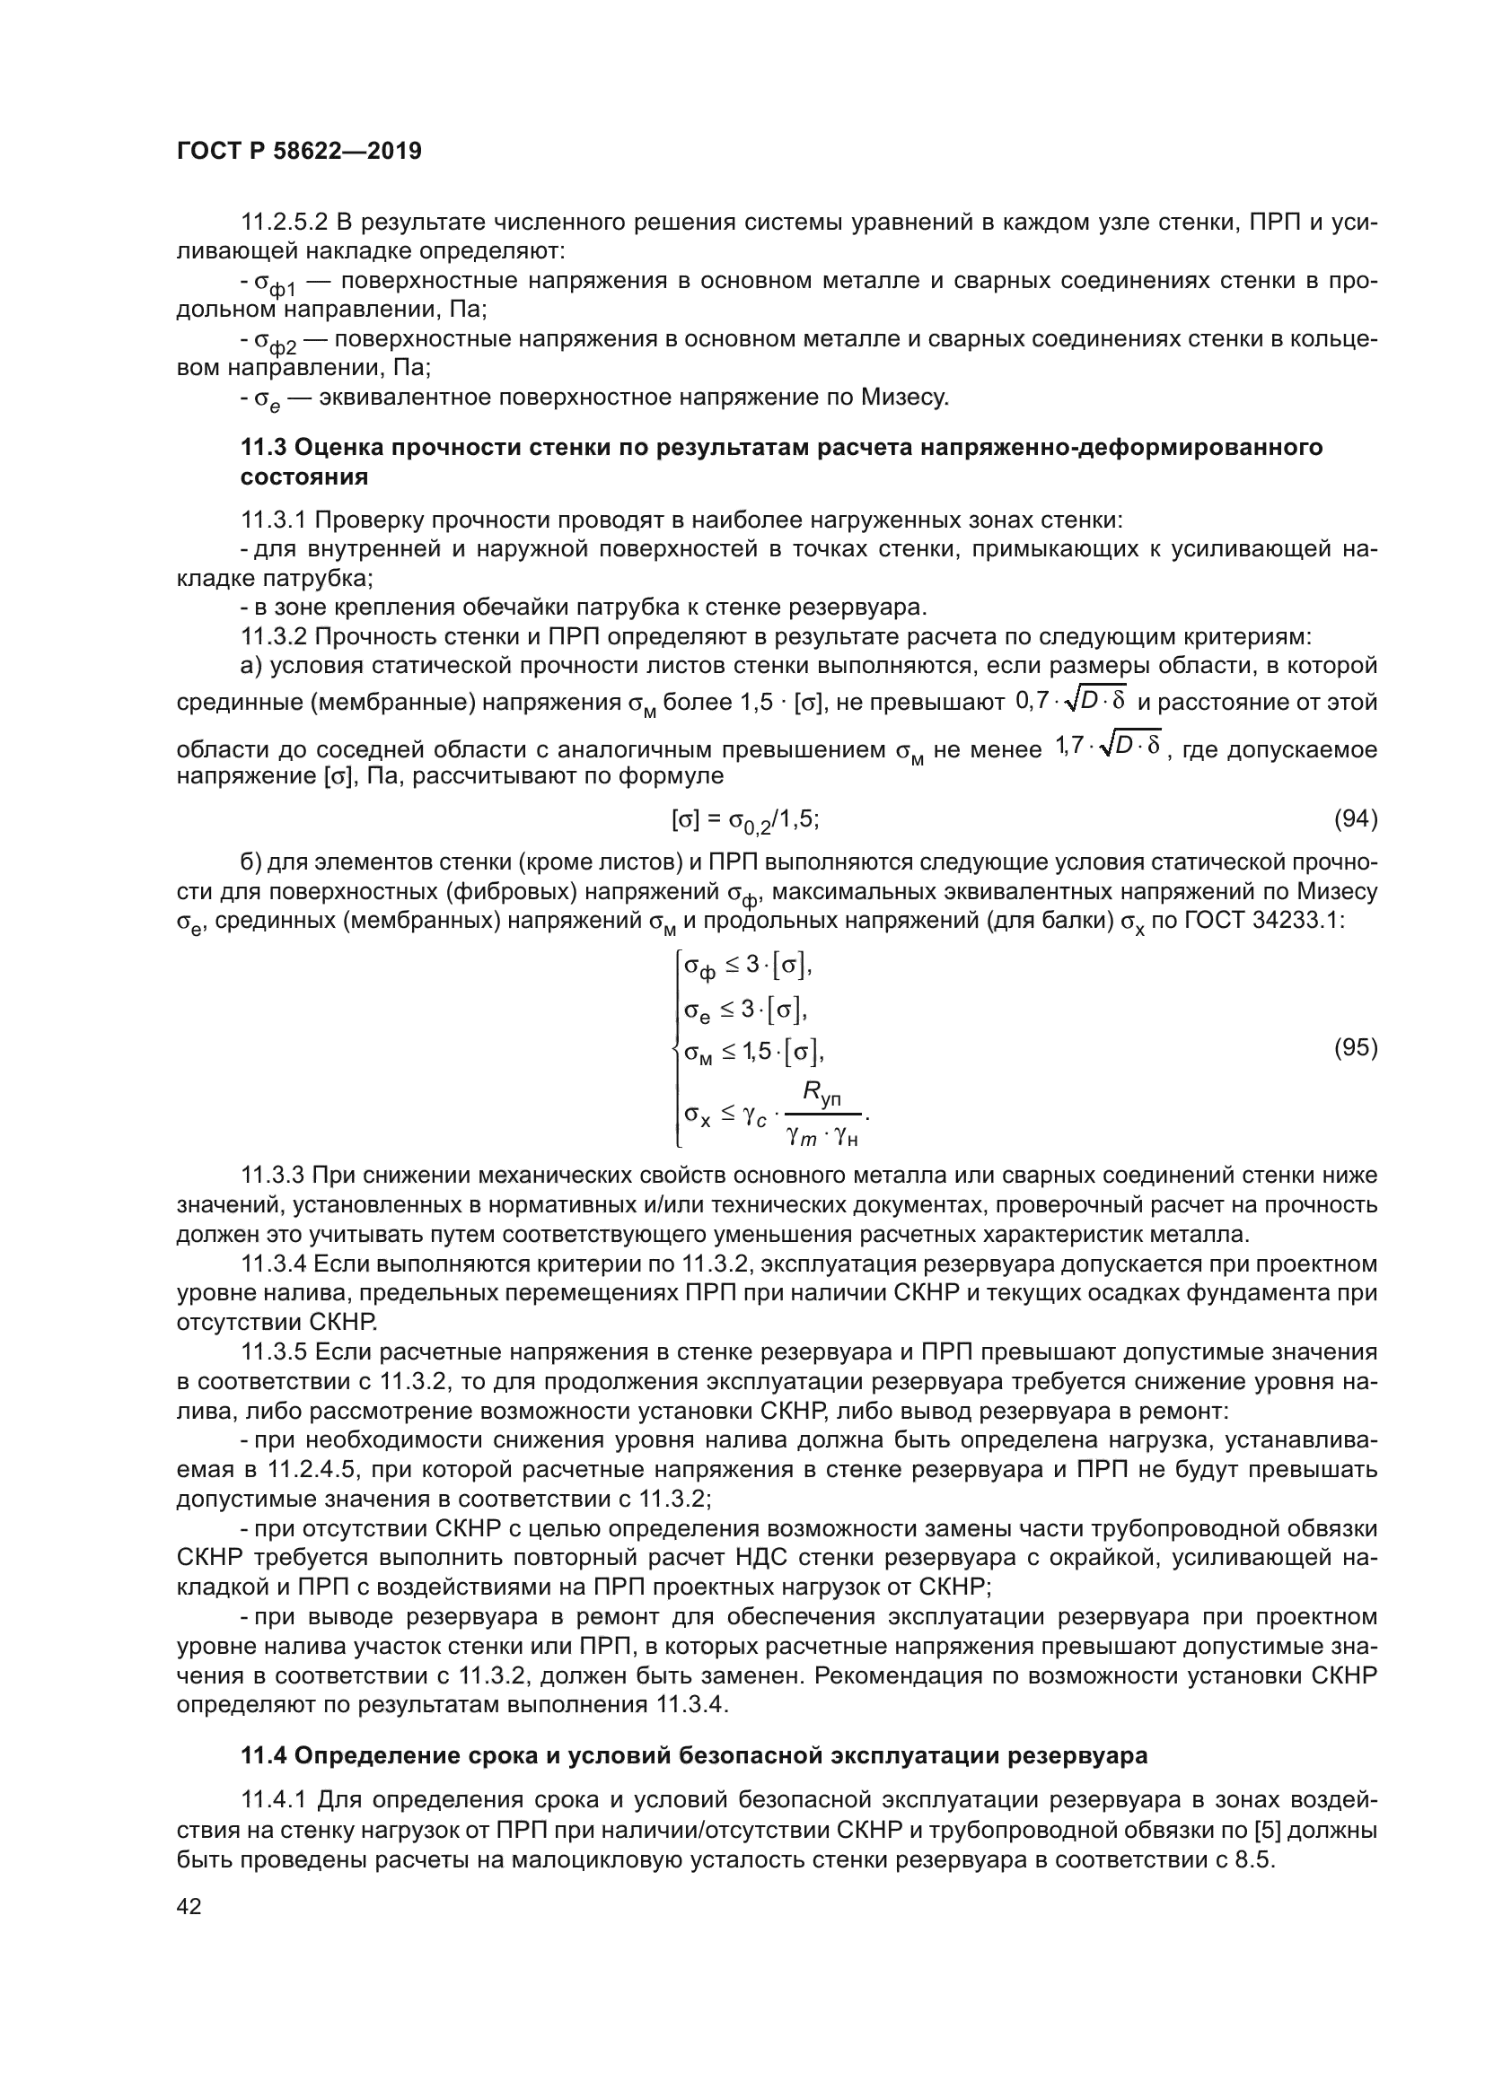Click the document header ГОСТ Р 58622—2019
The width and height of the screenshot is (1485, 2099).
[299, 152]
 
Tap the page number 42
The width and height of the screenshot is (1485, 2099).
[189, 1906]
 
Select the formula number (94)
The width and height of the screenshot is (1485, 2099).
[1356, 819]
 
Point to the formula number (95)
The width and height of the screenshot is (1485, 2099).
[1356, 1047]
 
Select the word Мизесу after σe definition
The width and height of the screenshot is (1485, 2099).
[901, 398]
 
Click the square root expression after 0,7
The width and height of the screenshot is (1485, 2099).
[1100, 699]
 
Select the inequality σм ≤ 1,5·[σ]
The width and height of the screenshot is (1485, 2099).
[753, 1054]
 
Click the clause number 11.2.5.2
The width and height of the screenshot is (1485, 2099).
[284, 223]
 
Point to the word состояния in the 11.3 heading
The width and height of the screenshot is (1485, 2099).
[304, 477]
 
